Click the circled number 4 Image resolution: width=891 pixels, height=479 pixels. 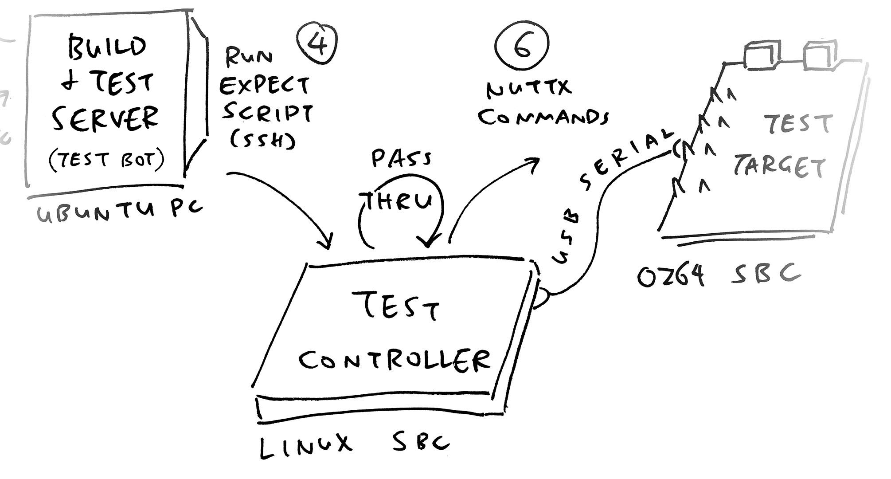click(x=317, y=43)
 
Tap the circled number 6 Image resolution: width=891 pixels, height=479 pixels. click(x=522, y=44)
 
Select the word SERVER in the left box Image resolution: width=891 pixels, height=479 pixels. click(x=106, y=118)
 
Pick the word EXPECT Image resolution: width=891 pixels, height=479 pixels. click(x=265, y=86)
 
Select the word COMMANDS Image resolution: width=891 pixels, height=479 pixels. click(x=543, y=117)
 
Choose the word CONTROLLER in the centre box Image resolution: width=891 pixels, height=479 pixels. click(x=395, y=360)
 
